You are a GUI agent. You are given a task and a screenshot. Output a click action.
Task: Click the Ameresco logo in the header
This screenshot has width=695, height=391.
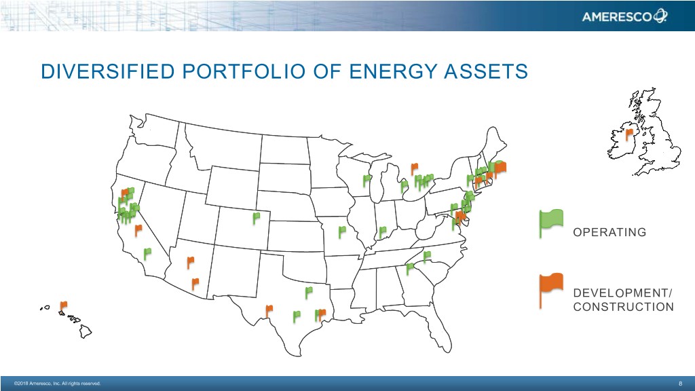[x=624, y=16]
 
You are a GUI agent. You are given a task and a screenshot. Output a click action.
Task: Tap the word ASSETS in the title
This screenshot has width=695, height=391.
[x=486, y=71]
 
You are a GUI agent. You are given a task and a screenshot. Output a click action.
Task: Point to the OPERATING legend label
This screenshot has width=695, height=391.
[x=609, y=232]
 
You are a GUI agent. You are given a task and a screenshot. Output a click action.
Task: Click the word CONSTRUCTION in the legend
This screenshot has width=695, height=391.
[x=623, y=307]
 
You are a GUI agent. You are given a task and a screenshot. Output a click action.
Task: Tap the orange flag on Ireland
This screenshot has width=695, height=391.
[x=629, y=134]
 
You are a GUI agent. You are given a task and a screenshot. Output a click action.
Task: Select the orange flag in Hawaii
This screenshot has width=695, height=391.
[x=63, y=307]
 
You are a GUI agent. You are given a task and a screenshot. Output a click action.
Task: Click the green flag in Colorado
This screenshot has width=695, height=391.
[x=256, y=218]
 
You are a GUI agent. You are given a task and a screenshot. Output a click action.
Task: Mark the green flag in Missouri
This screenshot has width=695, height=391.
[x=342, y=232]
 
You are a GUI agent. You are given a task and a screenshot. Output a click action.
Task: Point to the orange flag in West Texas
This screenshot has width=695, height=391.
[x=269, y=311]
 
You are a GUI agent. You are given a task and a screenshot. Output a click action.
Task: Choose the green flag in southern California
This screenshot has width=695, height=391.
[x=147, y=254]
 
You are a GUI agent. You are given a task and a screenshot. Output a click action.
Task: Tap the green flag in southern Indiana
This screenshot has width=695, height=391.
[x=382, y=232]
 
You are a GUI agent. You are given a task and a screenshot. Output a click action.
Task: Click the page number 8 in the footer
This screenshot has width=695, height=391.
[x=680, y=384]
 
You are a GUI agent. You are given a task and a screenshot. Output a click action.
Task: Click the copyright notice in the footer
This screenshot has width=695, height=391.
[x=57, y=384]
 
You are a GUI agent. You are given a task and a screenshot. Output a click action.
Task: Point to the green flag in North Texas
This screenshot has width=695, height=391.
[x=309, y=293]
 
